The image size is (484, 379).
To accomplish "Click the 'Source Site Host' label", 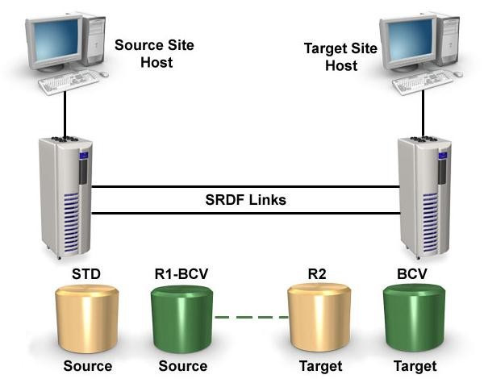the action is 154,54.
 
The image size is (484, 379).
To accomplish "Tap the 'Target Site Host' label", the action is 340,56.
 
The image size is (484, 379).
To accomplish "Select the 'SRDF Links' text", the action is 246,200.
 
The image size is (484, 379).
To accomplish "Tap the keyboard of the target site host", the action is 423,81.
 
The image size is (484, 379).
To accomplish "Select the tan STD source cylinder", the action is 87,319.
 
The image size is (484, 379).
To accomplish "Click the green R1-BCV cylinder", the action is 181,319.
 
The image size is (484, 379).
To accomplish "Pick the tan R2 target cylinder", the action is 319,319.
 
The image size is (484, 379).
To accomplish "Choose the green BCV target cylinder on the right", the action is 415,319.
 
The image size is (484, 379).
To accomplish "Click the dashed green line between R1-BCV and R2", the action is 251,317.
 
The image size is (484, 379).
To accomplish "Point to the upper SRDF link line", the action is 246,187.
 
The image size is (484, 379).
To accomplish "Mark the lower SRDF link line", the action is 246,213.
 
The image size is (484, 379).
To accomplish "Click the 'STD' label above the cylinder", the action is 86,274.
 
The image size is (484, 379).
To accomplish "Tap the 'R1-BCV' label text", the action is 181,274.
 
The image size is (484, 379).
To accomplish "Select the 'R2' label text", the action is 317,274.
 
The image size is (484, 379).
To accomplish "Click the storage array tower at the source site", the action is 65,198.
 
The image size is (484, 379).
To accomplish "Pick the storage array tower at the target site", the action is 424,198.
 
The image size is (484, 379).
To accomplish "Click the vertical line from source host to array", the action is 65,115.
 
